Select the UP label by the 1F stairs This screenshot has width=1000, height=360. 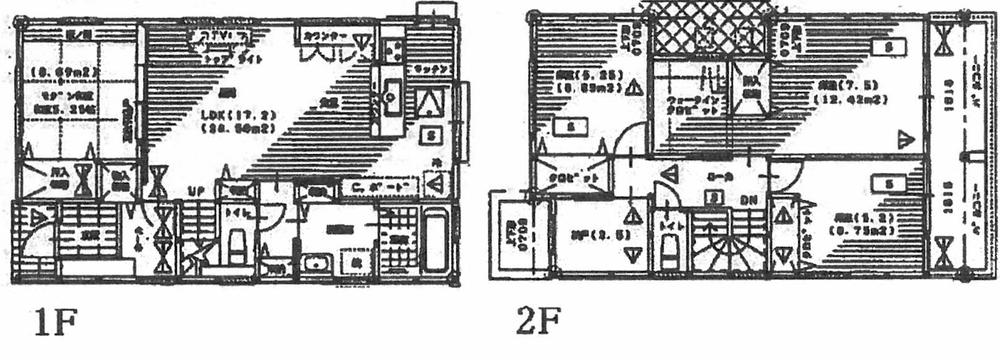(x=198, y=190)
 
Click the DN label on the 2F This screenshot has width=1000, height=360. (x=746, y=199)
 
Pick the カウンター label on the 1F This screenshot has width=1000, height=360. (x=326, y=36)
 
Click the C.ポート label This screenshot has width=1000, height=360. (x=380, y=186)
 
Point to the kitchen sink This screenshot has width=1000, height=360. (x=390, y=98)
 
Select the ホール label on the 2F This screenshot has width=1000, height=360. (x=715, y=175)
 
